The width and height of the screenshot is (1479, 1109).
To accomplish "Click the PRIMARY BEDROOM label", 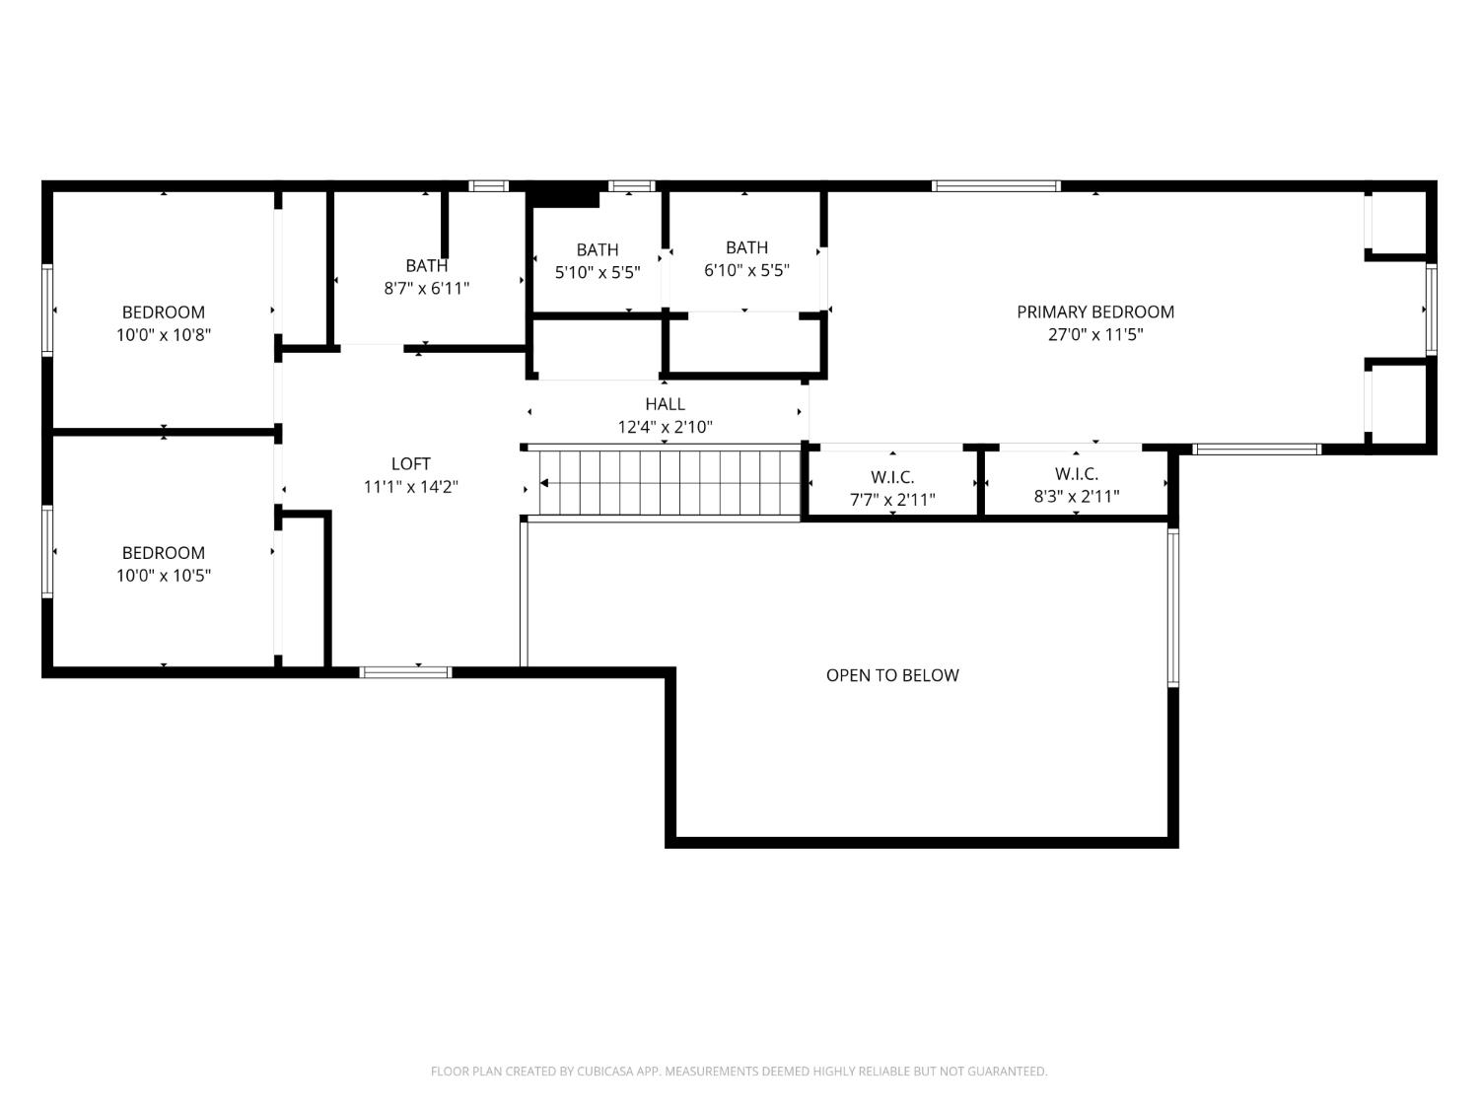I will [x=1094, y=312].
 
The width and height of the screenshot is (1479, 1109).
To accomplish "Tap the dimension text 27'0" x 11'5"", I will [x=1094, y=334].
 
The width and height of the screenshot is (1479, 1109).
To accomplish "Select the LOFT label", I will [x=410, y=463].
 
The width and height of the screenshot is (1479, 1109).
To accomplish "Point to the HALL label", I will [x=665, y=404].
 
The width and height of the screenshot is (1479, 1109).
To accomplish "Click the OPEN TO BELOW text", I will [x=891, y=675].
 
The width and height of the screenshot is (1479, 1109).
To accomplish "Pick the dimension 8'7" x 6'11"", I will [x=426, y=289].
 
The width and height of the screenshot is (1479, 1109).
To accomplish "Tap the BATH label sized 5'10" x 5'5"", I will [x=597, y=250].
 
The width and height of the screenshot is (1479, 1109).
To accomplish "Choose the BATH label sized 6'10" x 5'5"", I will [x=746, y=247].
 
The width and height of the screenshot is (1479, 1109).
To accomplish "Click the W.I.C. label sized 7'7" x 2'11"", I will [x=892, y=477].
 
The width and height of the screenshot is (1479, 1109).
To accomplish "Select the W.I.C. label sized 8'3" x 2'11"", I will [x=1076, y=474].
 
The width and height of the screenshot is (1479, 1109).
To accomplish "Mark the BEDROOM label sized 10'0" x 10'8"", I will [x=163, y=312].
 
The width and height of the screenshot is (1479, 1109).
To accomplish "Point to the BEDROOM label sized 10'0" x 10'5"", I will [x=163, y=553].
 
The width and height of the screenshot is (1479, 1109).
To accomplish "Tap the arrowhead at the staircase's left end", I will [x=544, y=483].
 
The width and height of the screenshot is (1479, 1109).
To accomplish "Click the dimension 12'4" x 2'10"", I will [x=665, y=427].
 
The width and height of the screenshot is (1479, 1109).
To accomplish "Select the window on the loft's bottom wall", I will [x=405, y=672].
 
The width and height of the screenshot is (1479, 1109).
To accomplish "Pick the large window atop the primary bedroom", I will [x=996, y=185].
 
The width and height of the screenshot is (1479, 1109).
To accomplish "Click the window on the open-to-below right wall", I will [x=1173, y=606].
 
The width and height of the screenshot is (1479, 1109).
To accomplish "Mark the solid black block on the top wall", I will [x=563, y=194].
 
